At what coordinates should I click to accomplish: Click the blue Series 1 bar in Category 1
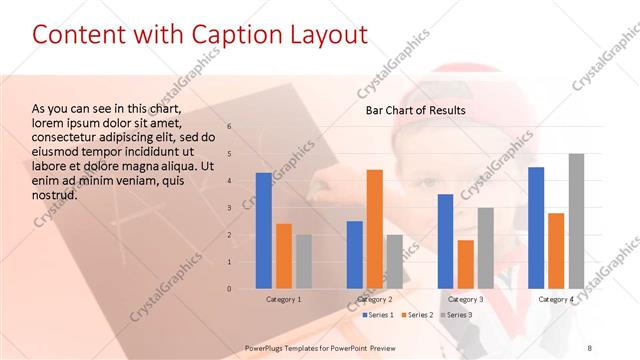264,231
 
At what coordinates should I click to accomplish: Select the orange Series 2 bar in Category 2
375,229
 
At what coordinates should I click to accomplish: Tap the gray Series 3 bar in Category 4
576,221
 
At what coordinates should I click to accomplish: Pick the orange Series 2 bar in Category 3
466,264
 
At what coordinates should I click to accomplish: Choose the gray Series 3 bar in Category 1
304,262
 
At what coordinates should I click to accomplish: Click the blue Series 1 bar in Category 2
355,255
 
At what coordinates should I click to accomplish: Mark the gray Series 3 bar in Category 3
486,248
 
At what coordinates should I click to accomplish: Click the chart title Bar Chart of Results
415,110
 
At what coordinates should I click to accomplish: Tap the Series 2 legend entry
419,315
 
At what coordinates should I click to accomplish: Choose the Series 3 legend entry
459,315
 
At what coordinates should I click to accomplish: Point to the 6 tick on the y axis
229,127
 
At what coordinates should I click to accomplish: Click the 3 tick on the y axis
229,208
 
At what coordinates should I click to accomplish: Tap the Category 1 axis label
284,300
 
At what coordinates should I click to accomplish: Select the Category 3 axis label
466,300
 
